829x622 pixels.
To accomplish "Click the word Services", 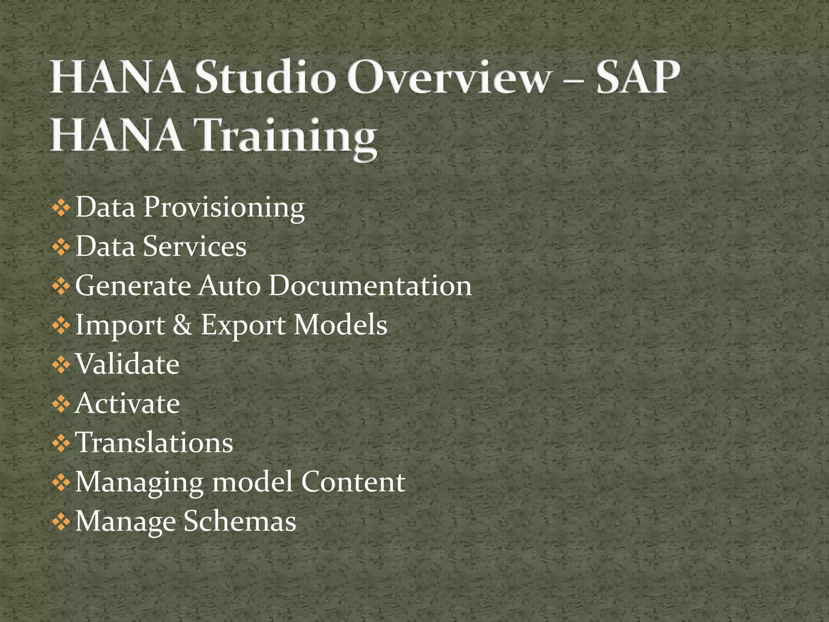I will click(x=195, y=246).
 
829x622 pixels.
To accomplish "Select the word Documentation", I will click(x=370, y=285).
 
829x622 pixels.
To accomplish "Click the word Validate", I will click(x=128, y=364).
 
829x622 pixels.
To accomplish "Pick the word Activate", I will click(x=128, y=403).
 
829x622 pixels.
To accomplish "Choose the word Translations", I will click(x=154, y=442).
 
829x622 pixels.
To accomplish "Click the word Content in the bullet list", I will click(x=353, y=482).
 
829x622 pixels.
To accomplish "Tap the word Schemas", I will click(x=240, y=521).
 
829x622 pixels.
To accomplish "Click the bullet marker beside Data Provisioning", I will click(x=61, y=209).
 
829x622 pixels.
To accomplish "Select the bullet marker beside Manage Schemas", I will click(x=61, y=522).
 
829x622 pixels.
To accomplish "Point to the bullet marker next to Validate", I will click(x=61, y=365).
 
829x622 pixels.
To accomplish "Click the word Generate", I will click(x=133, y=286).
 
